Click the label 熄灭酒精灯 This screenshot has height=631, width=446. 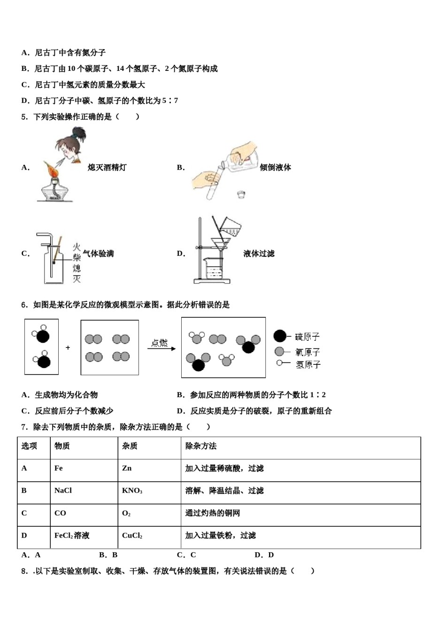click(107, 167)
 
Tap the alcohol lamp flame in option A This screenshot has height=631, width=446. click(52, 169)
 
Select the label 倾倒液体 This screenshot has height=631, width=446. click(275, 167)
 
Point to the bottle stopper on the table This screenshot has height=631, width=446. click(241, 194)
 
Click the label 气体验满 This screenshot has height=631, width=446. click(98, 254)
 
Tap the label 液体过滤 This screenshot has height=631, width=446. click(259, 254)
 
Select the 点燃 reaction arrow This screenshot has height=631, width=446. click(161, 348)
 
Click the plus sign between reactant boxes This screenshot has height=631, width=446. click(68, 347)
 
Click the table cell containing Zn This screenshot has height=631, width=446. click(127, 468)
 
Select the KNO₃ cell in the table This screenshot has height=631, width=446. click(132, 491)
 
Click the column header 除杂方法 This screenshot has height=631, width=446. click(201, 446)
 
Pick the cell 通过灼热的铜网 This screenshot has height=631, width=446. click(212, 513)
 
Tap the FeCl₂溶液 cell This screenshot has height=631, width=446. click(72, 536)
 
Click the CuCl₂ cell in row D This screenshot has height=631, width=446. click(132, 536)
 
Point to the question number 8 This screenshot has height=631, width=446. click(25, 571)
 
